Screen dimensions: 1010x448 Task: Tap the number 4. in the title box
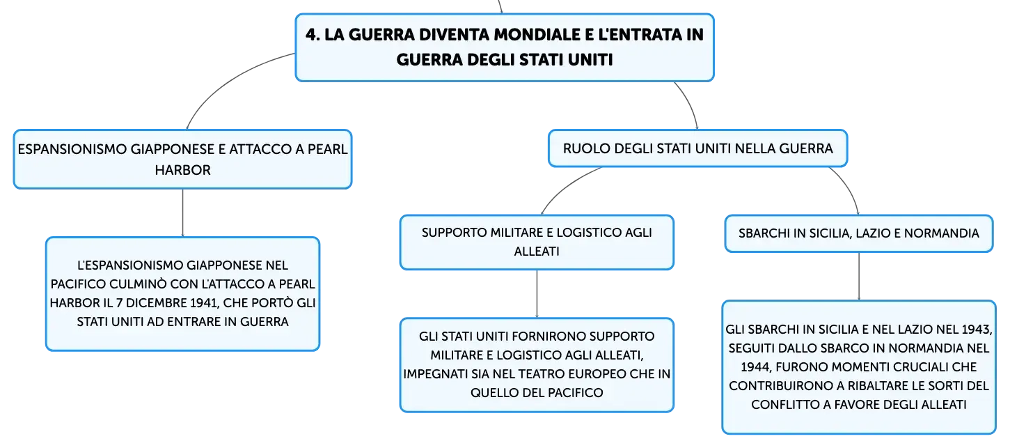[313, 35]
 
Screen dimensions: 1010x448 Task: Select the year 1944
[756, 367]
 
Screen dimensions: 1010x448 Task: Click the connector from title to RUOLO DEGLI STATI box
[689, 103]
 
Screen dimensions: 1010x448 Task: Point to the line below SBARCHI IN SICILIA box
[858, 276]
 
